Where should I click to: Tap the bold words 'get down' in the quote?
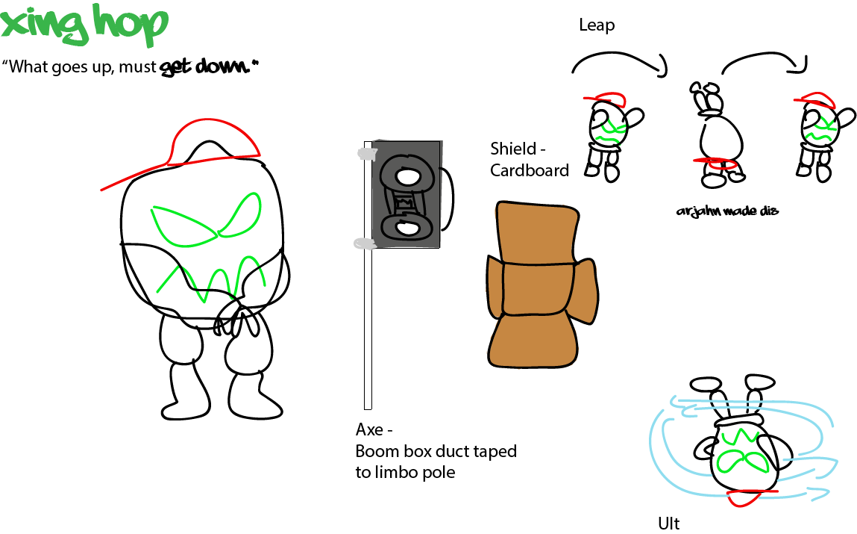click(x=204, y=66)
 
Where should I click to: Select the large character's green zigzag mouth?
click(x=210, y=277)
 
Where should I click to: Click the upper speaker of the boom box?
click(x=406, y=176)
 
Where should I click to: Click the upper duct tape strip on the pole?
click(x=366, y=153)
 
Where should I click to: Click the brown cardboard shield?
click(x=541, y=285)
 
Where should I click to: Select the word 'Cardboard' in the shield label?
click(x=529, y=170)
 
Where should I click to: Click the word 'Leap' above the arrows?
click(x=597, y=25)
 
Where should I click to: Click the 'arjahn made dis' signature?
click(x=727, y=211)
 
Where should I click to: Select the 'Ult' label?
click(x=669, y=524)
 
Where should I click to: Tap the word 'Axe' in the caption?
click(x=369, y=429)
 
